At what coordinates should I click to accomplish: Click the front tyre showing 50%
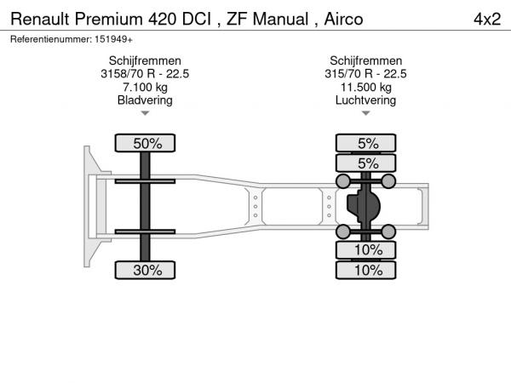(x=145, y=143)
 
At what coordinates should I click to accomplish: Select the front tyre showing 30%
(x=145, y=270)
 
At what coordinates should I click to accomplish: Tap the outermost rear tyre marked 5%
(x=366, y=143)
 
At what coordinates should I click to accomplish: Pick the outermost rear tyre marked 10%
(x=366, y=270)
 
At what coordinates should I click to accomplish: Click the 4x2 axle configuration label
(x=487, y=20)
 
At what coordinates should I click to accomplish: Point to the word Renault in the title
(x=40, y=19)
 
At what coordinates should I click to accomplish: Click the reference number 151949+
(x=113, y=39)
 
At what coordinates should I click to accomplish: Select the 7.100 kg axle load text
(x=145, y=87)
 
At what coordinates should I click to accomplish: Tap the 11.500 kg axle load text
(x=366, y=87)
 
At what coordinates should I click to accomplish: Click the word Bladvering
(x=145, y=100)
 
